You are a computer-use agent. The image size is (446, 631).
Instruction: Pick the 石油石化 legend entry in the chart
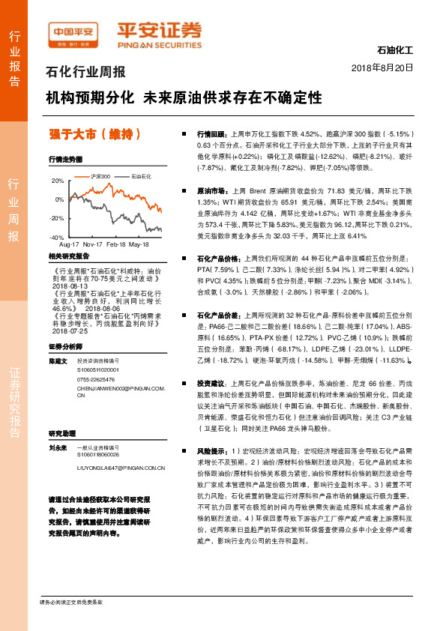click(141, 175)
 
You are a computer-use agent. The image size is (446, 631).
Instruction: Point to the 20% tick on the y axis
click(58, 181)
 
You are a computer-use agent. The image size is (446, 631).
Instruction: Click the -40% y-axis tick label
click(56, 237)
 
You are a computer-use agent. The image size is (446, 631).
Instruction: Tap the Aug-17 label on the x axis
click(69, 244)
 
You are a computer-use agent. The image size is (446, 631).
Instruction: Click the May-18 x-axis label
click(139, 244)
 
